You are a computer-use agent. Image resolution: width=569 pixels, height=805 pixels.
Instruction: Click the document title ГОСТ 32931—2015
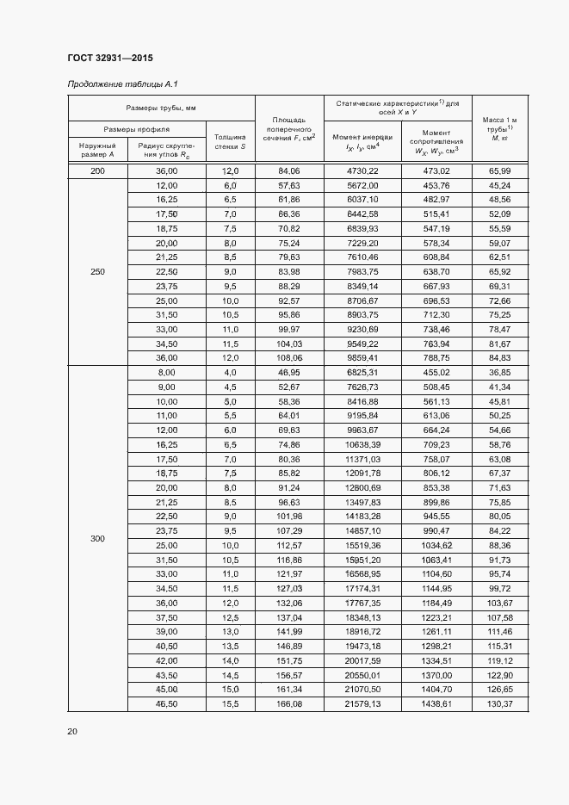[x=104, y=58]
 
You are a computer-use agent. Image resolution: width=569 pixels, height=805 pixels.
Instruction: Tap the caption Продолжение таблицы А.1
[x=121, y=84]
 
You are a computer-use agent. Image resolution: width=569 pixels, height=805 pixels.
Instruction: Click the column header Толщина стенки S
[x=230, y=142]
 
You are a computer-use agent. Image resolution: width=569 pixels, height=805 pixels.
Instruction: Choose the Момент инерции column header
[x=362, y=142]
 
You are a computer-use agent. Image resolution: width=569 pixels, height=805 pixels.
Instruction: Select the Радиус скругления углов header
[x=166, y=151]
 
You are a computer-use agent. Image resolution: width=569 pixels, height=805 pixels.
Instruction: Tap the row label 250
[x=97, y=272]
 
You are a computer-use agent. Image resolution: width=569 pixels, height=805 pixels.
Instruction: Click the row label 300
[x=97, y=538]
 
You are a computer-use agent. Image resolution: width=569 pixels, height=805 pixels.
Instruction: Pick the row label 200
[x=97, y=171]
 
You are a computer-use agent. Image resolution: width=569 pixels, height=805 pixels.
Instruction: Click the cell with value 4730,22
[x=362, y=171]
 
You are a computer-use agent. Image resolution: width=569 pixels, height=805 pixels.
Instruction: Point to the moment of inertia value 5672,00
[x=362, y=185]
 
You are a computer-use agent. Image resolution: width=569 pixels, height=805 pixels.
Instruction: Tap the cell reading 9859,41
[x=362, y=359]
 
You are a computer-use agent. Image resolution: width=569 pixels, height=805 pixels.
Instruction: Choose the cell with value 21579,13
[x=362, y=704]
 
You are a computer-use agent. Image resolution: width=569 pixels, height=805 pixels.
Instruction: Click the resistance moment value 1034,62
[x=436, y=545]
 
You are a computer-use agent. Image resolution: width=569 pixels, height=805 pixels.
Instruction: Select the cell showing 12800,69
[x=362, y=488]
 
